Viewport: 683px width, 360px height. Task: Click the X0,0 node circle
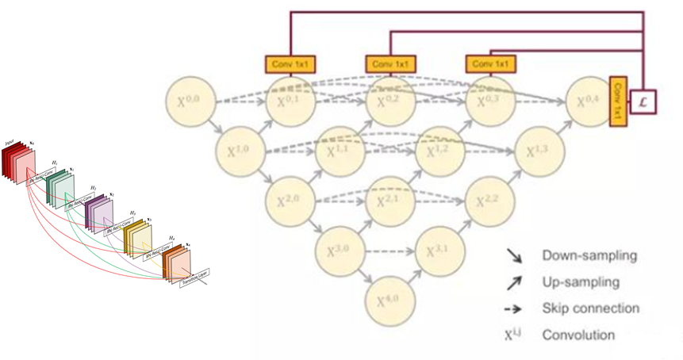(x=191, y=101)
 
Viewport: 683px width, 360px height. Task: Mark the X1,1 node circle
(x=339, y=151)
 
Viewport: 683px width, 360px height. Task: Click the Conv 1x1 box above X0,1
(x=290, y=63)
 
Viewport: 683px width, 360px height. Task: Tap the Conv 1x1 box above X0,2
(x=390, y=63)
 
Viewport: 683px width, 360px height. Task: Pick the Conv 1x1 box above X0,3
(x=490, y=63)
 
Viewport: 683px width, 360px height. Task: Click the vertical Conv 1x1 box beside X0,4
(x=618, y=101)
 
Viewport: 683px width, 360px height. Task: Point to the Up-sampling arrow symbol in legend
(x=514, y=281)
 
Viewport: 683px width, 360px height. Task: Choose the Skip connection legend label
(x=590, y=308)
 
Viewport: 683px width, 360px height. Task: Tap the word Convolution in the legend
(x=578, y=335)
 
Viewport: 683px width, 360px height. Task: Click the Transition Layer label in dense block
(x=195, y=274)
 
